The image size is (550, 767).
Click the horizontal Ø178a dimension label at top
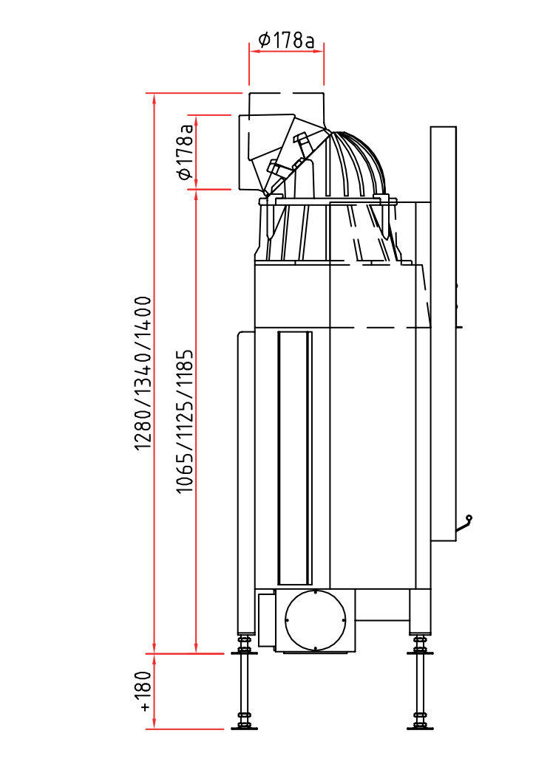tap(286, 40)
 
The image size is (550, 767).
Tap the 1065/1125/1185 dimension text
tap(185, 422)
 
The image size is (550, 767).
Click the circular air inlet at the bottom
tap(316, 620)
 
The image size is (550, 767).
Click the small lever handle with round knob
tap(464, 523)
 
